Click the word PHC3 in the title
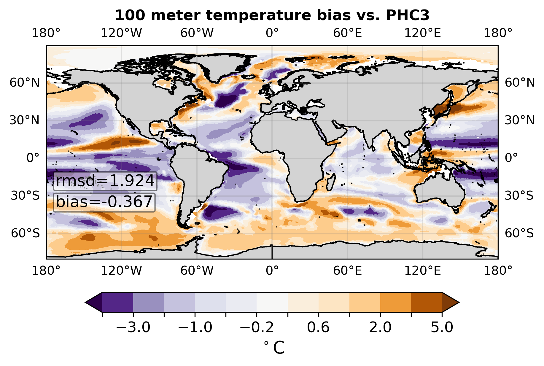408,15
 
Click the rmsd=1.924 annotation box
105,181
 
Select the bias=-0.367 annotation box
104,203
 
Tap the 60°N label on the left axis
25,83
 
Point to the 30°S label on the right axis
519,196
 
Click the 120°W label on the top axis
122,33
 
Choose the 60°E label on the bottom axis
347,270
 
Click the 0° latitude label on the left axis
33,158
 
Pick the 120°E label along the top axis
423,33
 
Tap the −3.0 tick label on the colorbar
133,328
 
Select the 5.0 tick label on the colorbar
442,328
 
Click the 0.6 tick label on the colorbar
319,328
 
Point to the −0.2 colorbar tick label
257,328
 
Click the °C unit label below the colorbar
274,348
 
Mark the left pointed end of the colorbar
85,303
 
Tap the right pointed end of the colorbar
459,303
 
